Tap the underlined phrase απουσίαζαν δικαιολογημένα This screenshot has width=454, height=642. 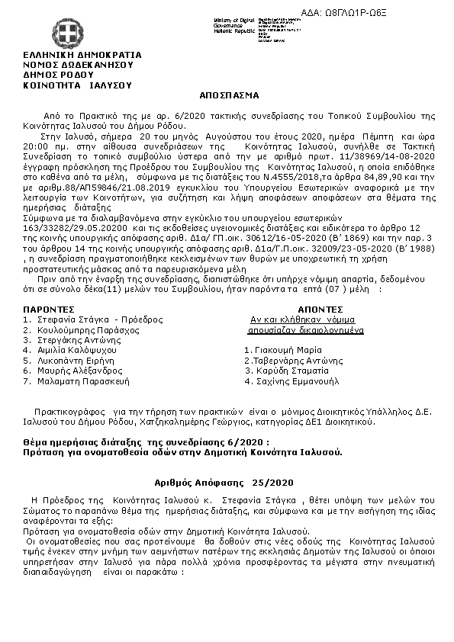(x=305, y=331)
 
